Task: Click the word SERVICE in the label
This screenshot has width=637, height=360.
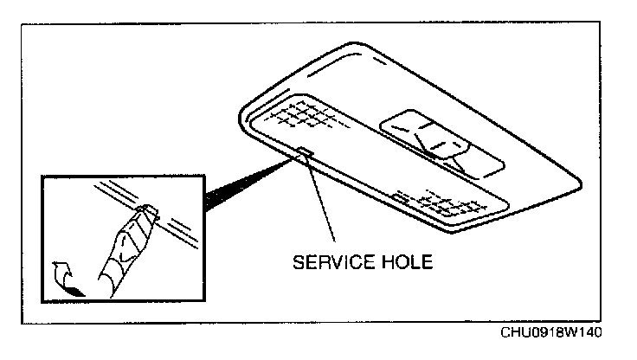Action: [331, 260]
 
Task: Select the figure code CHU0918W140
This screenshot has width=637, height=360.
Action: [551, 333]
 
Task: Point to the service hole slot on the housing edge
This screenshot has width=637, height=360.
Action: [305, 154]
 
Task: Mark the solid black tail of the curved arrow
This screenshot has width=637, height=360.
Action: [79, 292]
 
